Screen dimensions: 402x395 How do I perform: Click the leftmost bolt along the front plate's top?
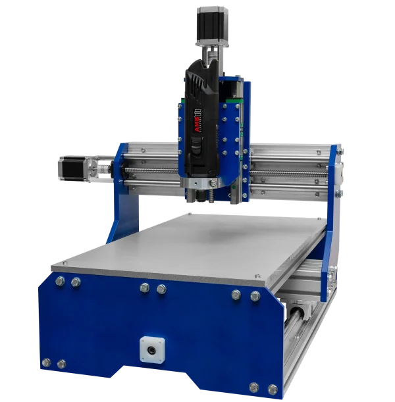[x=60, y=281]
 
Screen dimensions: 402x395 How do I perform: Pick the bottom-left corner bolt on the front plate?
[x=46, y=363]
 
